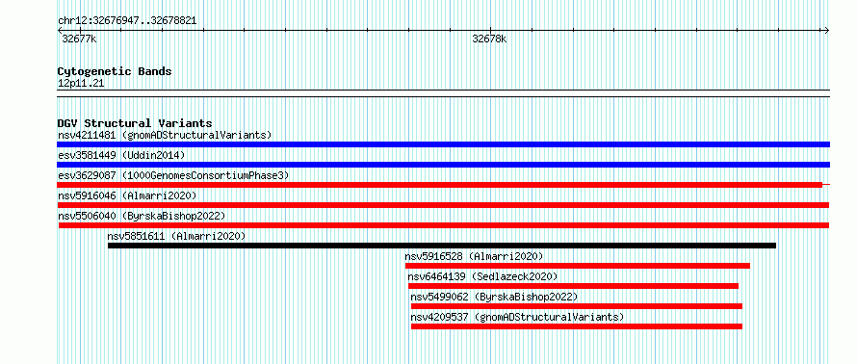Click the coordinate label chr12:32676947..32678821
pyautogui.click(x=127, y=21)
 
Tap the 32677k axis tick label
pyautogui.click(x=79, y=39)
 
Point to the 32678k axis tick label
pyautogui.click(x=489, y=39)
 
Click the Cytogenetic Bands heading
pyautogui.click(x=115, y=71)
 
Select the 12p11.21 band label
pyautogui.click(x=81, y=84)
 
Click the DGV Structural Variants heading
pyautogui.click(x=135, y=123)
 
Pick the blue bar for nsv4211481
pyautogui.click(x=443, y=144)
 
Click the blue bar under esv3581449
pyautogui.click(x=443, y=165)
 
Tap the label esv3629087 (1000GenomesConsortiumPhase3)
pyautogui.click(x=173, y=175)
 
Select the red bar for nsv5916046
pyautogui.click(x=443, y=205)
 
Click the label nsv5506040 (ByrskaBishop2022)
pyautogui.click(x=142, y=216)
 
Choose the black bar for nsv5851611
pyautogui.click(x=442, y=246)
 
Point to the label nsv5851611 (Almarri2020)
pyautogui.click(x=176, y=236)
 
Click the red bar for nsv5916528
pyautogui.click(x=577, y=266)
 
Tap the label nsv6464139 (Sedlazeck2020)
pyautogui.click(x=482, y=276)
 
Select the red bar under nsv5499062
pyautogui.click(x=577, y=306)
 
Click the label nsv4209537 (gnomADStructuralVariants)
pyautogui.click(x=517, y=317)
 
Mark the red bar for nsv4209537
pyautogui.click(x=577, y=326)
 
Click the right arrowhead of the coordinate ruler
pyautogui.click(x=827, y=31)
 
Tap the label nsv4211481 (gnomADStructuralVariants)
pyautogui.click(x=165, y=135)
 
